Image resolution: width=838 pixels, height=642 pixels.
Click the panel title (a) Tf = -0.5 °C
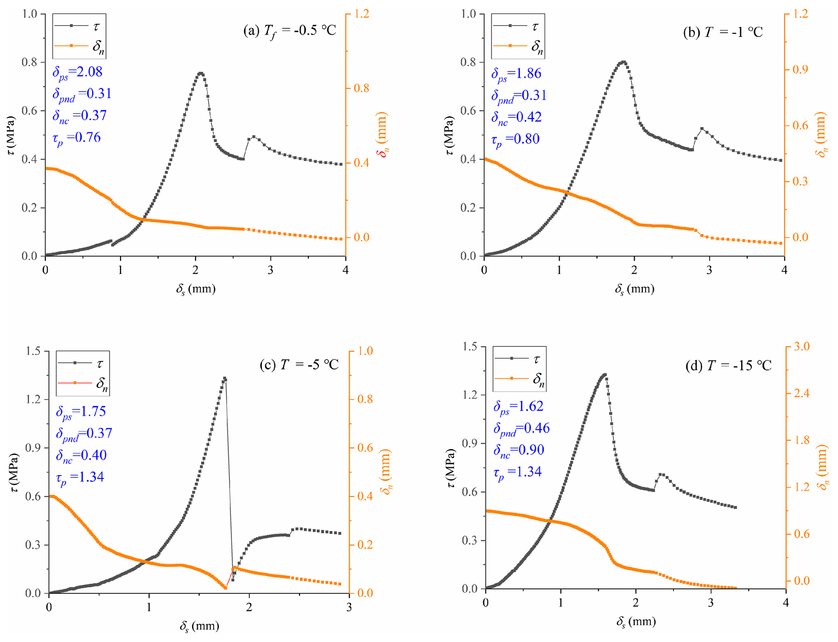(x=289, y=30)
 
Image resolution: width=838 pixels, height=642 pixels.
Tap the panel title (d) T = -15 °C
(x=728, y=366)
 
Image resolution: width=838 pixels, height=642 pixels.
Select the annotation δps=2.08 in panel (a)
(x=77, y=72)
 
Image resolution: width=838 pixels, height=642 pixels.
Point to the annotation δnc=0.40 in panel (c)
(x=81, y=455)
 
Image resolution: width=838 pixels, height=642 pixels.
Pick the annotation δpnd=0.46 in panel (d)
(x=521, y=429)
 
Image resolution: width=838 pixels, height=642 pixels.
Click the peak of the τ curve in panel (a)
(x=200, y=73)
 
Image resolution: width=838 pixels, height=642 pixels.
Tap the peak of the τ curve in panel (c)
(x=224, y=378)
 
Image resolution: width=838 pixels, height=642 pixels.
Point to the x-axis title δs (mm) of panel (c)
(x=199, y=626)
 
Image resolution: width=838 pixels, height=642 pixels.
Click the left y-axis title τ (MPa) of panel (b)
(x=449, y=136)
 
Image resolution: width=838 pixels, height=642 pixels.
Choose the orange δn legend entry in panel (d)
(x=520, y=379)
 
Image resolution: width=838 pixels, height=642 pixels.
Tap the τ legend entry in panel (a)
(x=79, y=26)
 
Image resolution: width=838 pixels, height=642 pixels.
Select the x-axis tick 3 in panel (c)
(x=349, y=607)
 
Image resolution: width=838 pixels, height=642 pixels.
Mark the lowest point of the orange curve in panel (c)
(x=225, y=588)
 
